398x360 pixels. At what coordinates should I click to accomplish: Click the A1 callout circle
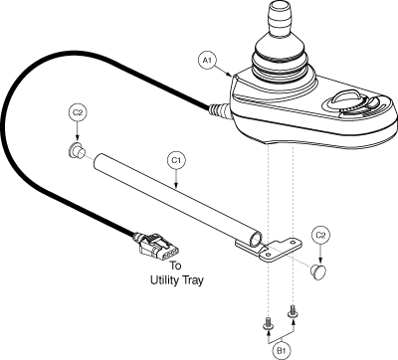coord(208,60)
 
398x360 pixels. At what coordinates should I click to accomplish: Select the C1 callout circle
coord(176,160)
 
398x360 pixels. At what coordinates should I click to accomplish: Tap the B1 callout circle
coord(282,350)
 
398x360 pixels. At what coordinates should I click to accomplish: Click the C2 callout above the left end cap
coord(78,112)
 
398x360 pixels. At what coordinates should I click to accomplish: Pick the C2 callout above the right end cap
coord(320,235)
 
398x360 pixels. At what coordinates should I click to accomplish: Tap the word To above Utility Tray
coord(176,266)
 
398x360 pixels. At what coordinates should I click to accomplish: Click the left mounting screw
coord(268,323)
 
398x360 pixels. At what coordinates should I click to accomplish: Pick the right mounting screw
coord(293,312)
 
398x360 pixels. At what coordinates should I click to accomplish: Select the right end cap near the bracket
coord(318,270)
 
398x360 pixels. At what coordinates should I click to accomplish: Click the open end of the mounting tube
coord(257,240)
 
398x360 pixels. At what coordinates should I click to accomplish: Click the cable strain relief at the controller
coord(219,109)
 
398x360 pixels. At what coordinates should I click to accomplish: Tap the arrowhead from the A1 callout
coord(230,76)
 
